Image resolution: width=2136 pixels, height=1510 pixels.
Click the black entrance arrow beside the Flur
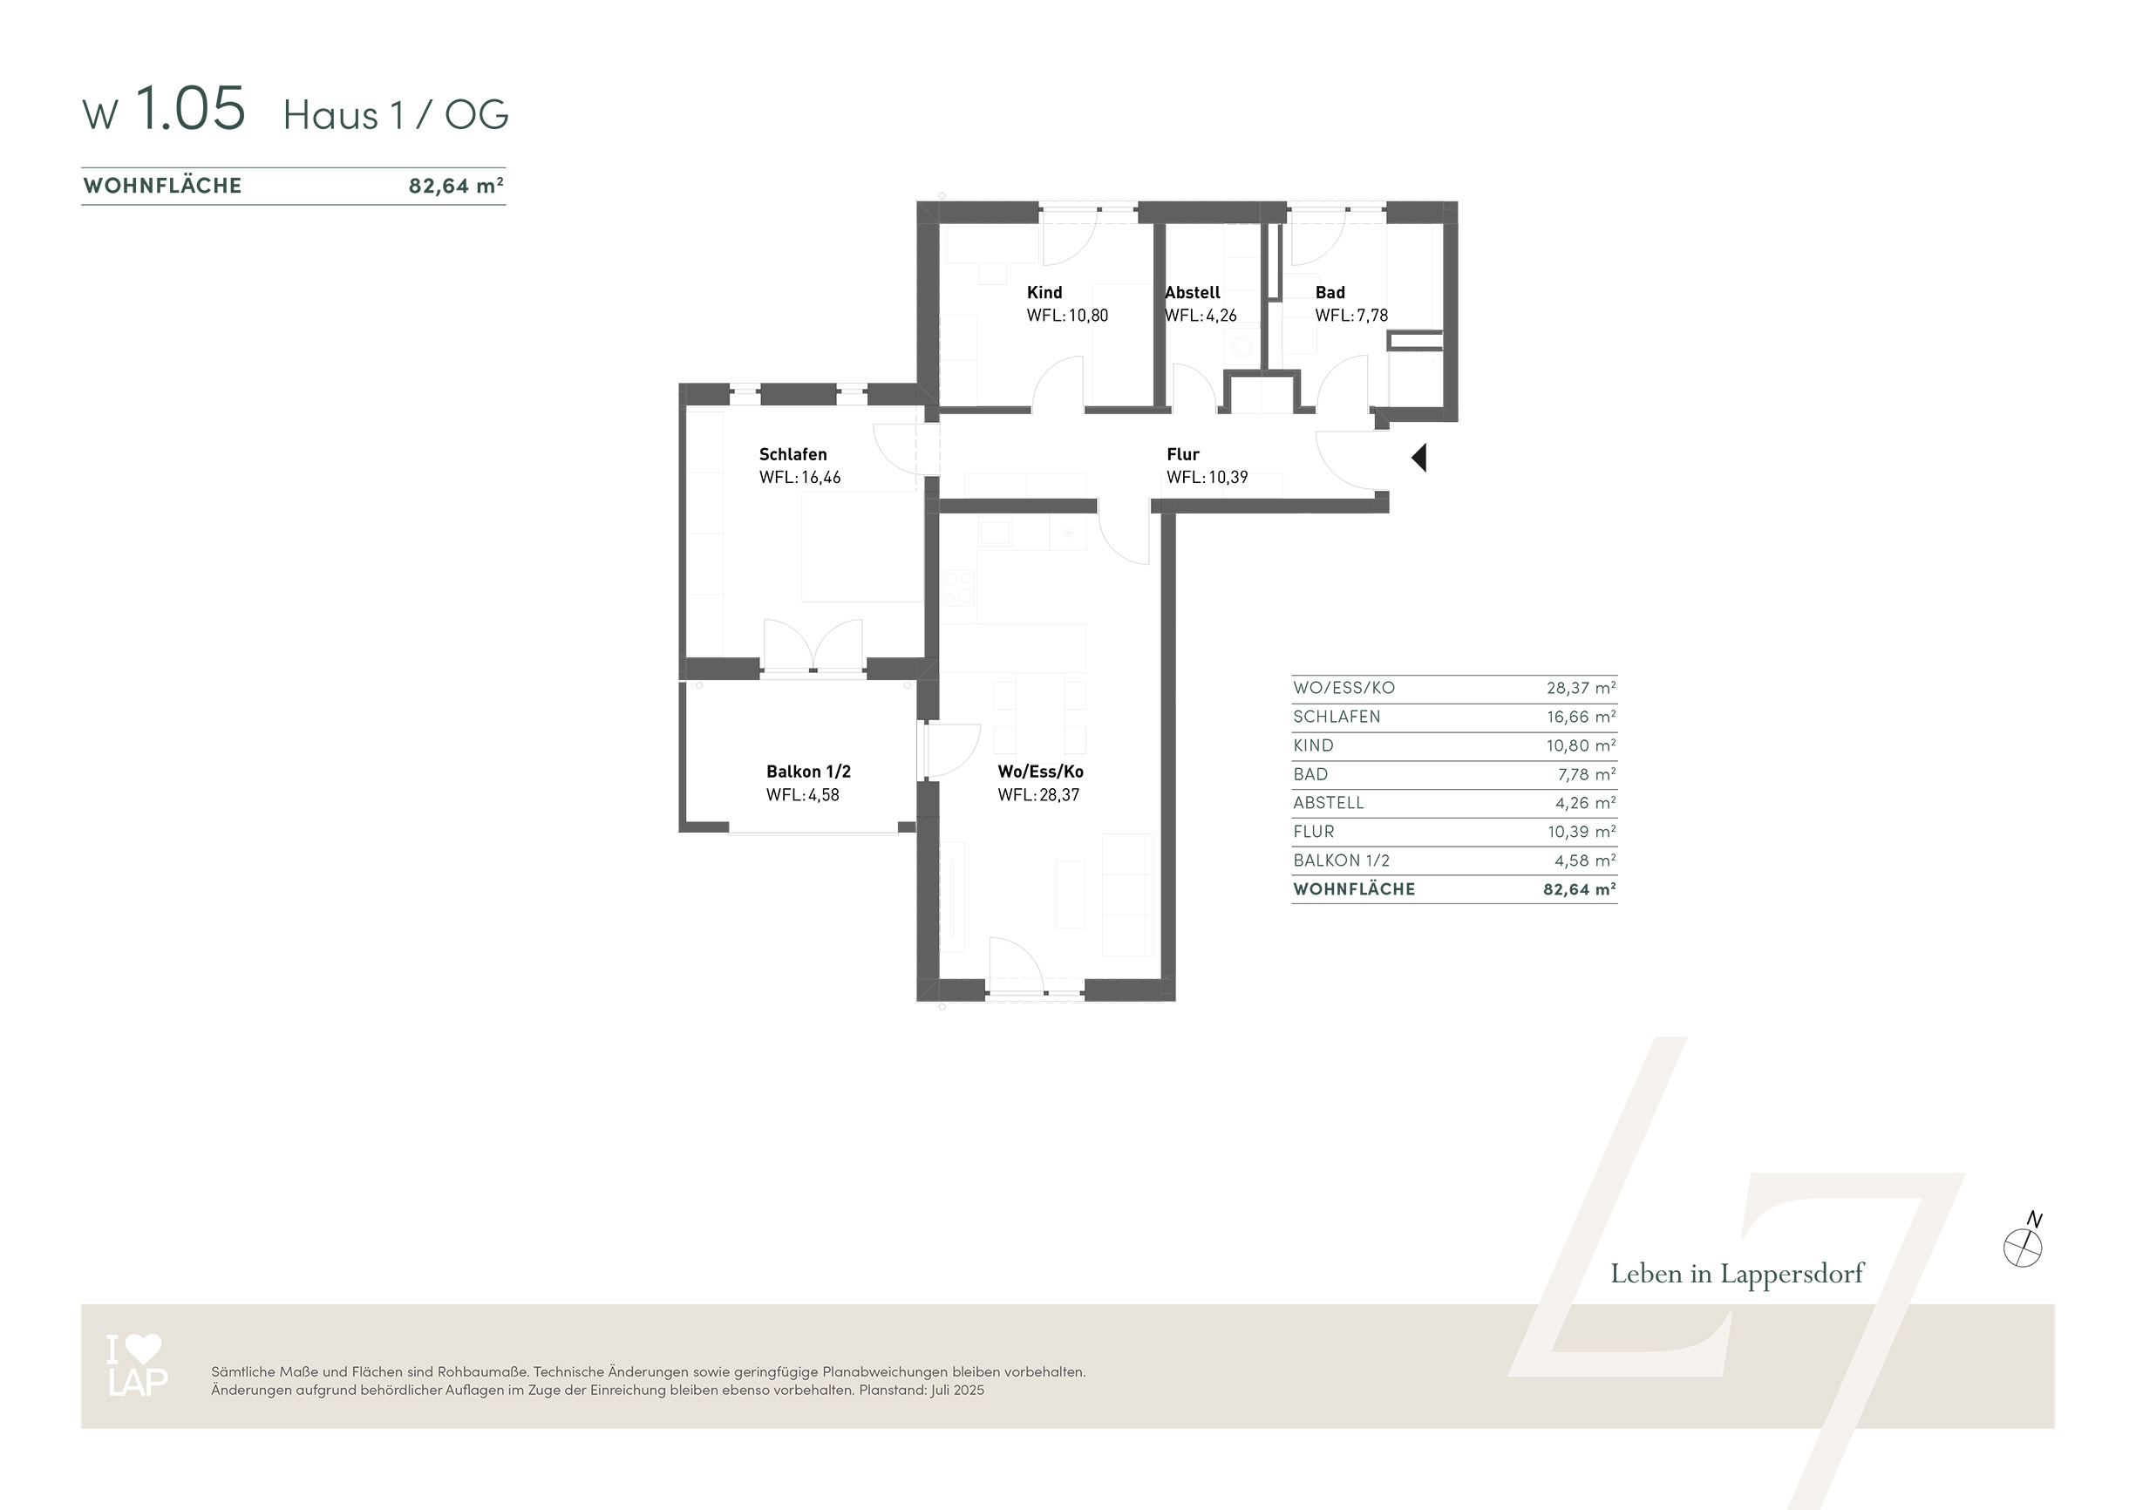click(1419, 458)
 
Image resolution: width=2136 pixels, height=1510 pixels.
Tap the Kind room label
click(1044, 292)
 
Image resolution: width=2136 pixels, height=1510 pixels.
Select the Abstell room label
click(1193, 292)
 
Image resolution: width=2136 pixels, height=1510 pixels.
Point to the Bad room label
click(1330, 292)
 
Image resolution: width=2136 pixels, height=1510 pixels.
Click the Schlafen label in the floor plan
click(792, 454)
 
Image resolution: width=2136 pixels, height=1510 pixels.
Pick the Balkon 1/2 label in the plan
click(808, 772)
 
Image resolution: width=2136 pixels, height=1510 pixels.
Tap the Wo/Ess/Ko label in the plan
click(1040, 772)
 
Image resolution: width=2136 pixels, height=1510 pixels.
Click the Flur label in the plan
click(1182, 454)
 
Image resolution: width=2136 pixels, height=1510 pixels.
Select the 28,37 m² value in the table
click(1581, 689)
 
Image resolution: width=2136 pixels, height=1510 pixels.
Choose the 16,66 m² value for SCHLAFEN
click(1581, 718)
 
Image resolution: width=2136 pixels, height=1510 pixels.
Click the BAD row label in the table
click(1311, 774)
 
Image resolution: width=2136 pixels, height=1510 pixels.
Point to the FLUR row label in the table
click(1314, 832)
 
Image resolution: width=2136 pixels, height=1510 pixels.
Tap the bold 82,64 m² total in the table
click(1580, 889)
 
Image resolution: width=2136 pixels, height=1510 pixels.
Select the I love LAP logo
click(137, 1365)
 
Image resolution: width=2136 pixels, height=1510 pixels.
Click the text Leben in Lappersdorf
click(1737, 1274)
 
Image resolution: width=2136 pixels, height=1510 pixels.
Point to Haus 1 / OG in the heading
click(397, 115)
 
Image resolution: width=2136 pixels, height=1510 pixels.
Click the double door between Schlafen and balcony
click(813, 646)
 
